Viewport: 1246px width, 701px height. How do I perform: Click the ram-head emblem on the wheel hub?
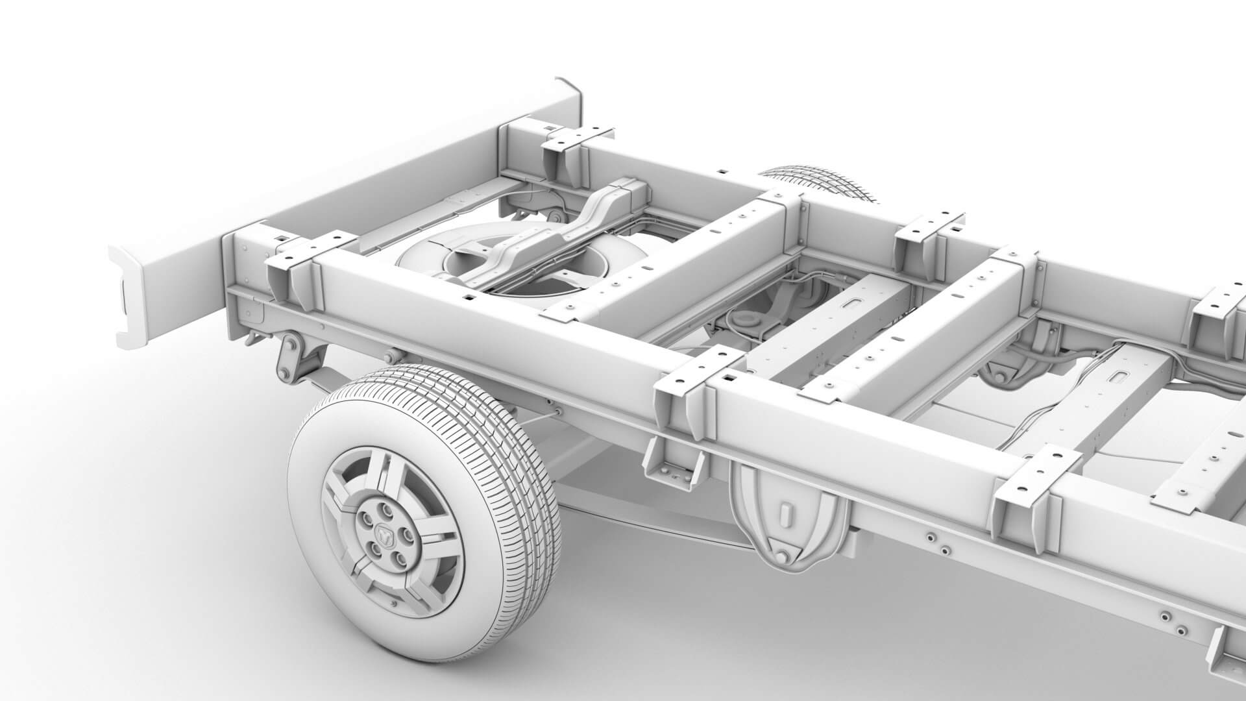[384, 533]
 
